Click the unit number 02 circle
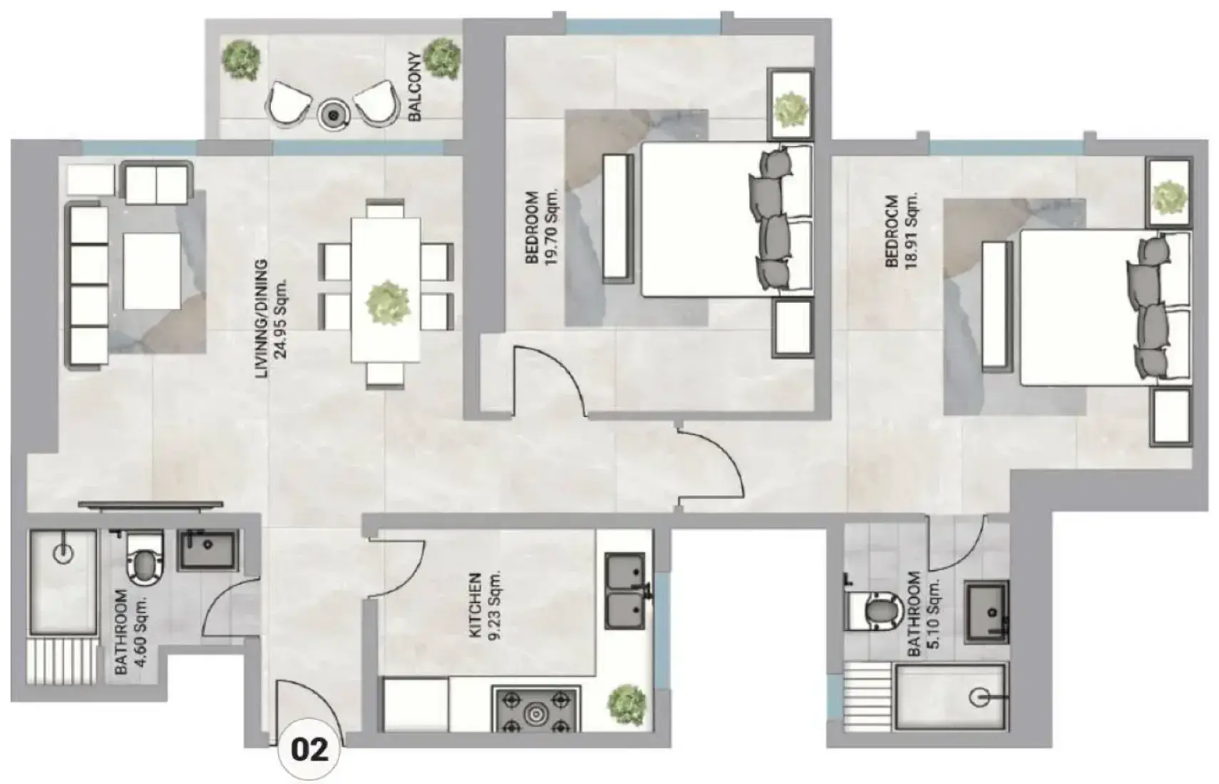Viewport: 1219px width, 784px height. tap(310, 751)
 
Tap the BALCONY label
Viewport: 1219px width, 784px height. tap(415, 86)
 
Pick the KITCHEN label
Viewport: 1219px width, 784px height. tap(475, 605)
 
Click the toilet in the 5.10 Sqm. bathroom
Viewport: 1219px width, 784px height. tap(875, 610)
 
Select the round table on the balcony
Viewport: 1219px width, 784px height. tap(332, 115)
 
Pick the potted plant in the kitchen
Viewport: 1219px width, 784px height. tap(627, 705)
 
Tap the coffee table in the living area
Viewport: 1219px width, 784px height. tap(152, 272)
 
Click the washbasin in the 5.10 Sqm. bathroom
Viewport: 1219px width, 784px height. tap(987, 612)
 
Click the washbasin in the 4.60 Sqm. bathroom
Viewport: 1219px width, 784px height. tap(208, 550)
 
